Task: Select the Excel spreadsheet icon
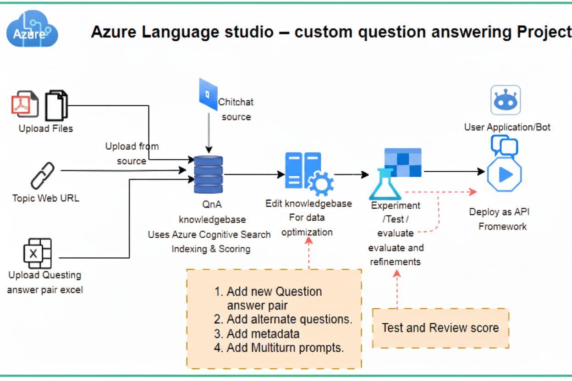[37, 253]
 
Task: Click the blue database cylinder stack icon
[208, 174]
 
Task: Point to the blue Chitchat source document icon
[208, 94]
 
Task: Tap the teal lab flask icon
[385, 184]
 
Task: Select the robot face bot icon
[506, 100]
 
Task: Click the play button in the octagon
[505, 174]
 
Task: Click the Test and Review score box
[440, 328]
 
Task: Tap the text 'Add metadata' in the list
[263, 333]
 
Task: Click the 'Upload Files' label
[45, 128]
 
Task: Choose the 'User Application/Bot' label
[507, 127]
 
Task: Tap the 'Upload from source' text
[132, 153]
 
